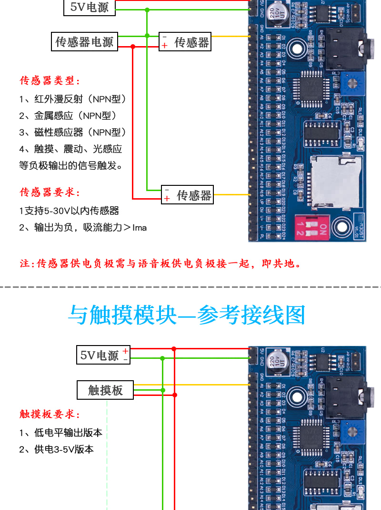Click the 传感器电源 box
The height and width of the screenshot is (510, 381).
pyautogui.click(x=84, y=42)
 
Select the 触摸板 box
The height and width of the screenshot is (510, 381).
pyautogui.click(x=105, y=390)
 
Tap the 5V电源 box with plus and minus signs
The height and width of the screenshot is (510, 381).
pyautogui.click(x=103, y=355)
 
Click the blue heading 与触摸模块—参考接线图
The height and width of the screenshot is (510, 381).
pyautogui.click(x=186, y=315)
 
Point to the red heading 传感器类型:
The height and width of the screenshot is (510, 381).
pyautogui.click(x=50, y=80)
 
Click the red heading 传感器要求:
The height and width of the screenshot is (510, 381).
pyautogui.click(x=50, y=192)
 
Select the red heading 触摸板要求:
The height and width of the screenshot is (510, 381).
pyautogui.click(x=50, y=414)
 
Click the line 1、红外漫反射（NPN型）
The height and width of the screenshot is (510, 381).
pyautogui.click(x=73, y=99)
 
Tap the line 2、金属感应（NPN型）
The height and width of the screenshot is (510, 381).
pyautogui.click(x=68, y=115)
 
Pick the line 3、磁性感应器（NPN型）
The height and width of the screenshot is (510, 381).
pyautogui.click(x=73, y=132)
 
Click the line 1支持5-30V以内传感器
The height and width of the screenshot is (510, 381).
pyautogui.click(x=69, y=211)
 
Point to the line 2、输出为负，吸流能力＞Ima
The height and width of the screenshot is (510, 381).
pyautogui.click(x=83, y=228)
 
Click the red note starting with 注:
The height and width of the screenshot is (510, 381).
pyautogui.click(x=160, y=263)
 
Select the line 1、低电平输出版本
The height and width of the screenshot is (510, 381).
pyautogui.click(x=60, y=433)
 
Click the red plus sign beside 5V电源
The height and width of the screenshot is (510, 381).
pyautogui.click(x=125, y=351)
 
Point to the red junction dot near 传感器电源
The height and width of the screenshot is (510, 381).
pyautogui.click(x=133, y=46)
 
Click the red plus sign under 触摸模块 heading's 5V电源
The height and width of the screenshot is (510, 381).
pyautogui.click(x=125, y=351)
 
